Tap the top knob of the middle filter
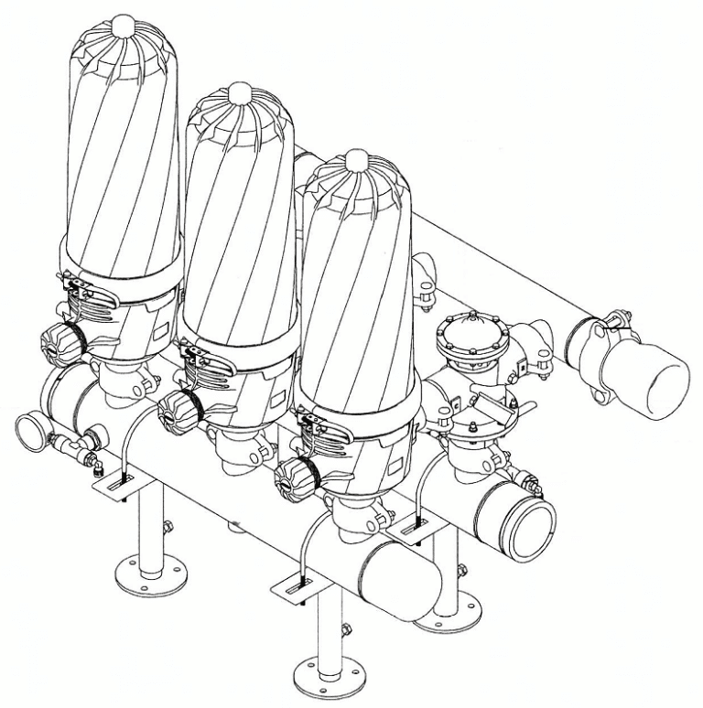pos(240,92)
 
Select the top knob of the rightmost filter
pos(356,163)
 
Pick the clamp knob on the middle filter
pos(175,413)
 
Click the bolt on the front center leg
pos(345,629)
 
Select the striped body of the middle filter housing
pos(240,220)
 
